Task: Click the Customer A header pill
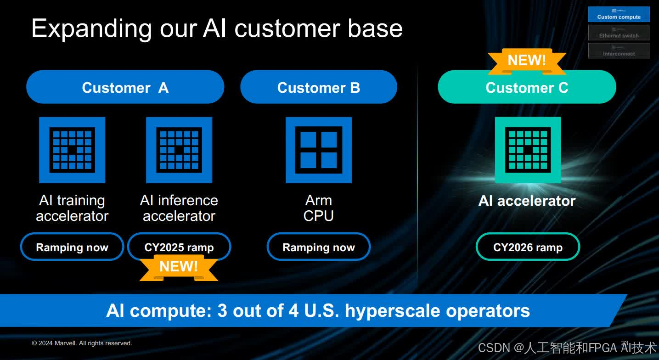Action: coord(125,87)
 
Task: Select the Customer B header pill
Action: coord(318,87)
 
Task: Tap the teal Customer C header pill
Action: coord(527,87)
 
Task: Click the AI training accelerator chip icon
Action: coord(72,150)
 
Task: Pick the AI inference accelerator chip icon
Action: coord(179,150)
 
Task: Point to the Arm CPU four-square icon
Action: coord(319,150)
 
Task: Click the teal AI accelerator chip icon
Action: coord(528,150)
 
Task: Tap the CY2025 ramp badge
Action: coord(179,247)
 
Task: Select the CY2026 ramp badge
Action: coord(528,247)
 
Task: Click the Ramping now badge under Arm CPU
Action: coord(319,247)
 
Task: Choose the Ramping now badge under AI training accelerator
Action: coord(72,247)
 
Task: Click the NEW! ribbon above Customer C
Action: coord(527,61)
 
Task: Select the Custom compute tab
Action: coord(619,14)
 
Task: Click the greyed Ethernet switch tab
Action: coord(619,33)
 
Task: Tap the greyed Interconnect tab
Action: coord(619,51)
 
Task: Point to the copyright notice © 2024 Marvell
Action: coord(82,343)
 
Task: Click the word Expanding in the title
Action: coord(91,29)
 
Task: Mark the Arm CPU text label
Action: coord(319,208)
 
